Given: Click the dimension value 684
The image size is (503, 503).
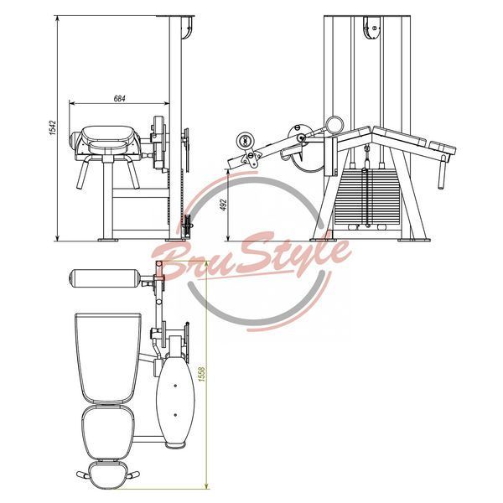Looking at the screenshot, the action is pyautogui.click(x=119, y=98).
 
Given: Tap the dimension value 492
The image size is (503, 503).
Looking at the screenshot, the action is pyautogui.click(x=223, y=205).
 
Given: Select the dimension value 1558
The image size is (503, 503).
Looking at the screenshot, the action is pyautogui.click(x=202, y=375).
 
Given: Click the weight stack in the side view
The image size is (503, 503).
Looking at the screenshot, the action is pyautogui.click(x=367, y=196).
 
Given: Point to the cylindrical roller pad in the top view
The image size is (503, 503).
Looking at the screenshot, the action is pyautogui.click(x=104, y=278).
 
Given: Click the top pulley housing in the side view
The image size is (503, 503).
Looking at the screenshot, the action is pyautogui.click(x=372, y=28).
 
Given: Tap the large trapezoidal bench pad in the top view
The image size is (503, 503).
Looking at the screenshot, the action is pyautogui.click(x=108, y=358).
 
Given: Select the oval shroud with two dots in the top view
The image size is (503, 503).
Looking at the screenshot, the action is pyautogui.click(x=175, y=399).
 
